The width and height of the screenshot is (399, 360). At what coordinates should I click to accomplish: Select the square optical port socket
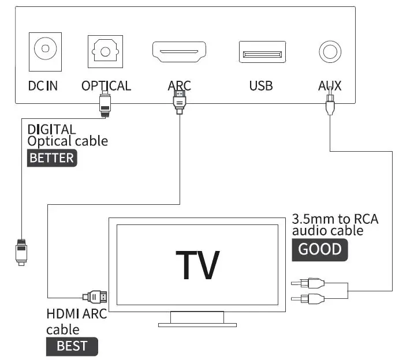click(x=105, y=51)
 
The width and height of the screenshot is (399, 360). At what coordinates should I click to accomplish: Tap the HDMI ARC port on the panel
click(x=179, y=51)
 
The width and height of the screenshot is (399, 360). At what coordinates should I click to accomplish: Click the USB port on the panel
click(x=262, y=52)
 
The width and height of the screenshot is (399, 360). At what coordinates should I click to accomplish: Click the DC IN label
click(x=43, y=86)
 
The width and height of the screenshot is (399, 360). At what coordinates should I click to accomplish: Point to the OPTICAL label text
click(x=106, y=86)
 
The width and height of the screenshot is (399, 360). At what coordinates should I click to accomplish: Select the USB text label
click(x=261, y=86)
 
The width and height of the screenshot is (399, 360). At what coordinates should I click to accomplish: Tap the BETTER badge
click(x=52, y=158)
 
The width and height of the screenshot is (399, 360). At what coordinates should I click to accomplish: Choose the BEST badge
click(x=72, y=346)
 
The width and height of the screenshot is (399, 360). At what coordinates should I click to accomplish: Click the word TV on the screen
click(x=197, y=265)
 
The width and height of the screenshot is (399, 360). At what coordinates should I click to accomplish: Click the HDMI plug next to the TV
click(x=96, y=297)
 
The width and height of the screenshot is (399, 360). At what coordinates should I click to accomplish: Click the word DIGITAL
click(x=51, y=129)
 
